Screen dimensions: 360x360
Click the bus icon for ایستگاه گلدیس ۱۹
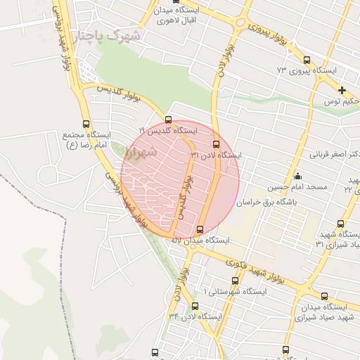[168, 119]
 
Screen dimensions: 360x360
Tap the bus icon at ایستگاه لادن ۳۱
[215, 144]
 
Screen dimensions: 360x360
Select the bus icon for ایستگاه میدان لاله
[201, 229]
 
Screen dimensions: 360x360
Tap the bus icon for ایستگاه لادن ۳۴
[195, 306]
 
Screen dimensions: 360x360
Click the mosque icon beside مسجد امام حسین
[297, 176]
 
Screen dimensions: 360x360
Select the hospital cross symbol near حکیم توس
[342, 90]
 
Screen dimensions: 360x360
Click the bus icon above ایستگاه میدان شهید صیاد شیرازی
[324, 296]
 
